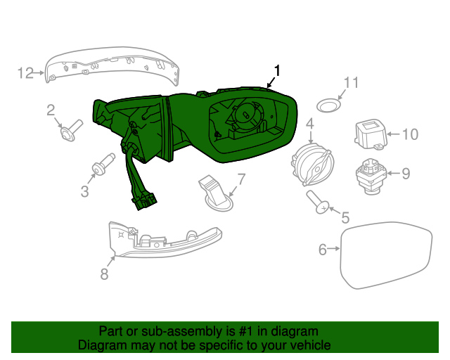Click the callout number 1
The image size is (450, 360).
277,70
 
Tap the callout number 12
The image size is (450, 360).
25,72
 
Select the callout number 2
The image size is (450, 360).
51,109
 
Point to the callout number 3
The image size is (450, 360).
84,191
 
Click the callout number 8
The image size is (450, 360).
104,275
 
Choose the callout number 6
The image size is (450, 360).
323,249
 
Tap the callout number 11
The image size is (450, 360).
350,83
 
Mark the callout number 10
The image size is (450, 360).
410,134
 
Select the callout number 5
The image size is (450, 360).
345,218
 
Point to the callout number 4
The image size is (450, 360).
309,124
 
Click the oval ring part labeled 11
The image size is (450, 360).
326,105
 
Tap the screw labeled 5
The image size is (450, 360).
319,203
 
